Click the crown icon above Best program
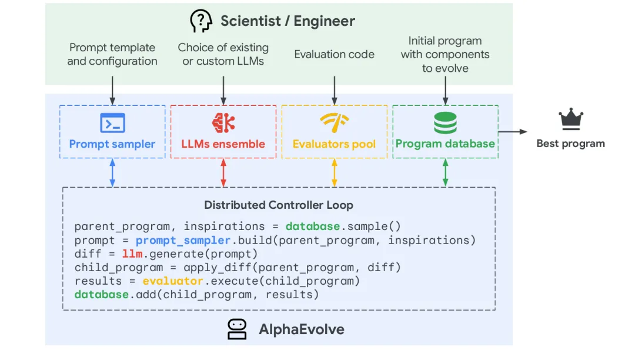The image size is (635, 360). [570, 119]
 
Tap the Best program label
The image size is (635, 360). [570, 144]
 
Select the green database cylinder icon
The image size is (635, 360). [445, 123]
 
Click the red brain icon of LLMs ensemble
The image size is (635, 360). [223, 123]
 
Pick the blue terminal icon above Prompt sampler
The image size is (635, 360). [112, 123]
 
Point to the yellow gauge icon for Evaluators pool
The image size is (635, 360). [334, 123]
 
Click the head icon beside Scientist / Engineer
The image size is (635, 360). [201, 21]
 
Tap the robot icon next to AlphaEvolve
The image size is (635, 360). [237, 329]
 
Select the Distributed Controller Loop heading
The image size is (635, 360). [279, 205]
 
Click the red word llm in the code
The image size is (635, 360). [132, 254]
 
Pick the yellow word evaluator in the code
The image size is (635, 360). [172, 281]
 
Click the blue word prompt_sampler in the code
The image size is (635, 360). [183, 241]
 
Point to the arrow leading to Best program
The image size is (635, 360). [513, 132]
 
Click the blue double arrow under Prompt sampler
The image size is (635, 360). [112, 172]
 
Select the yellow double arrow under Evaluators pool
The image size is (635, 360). [334, 172]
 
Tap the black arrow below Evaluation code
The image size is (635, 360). [334, 91]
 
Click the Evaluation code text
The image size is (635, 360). [334, 54]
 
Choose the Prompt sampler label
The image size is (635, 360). [112, 144]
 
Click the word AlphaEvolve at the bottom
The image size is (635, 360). [302, 329]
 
